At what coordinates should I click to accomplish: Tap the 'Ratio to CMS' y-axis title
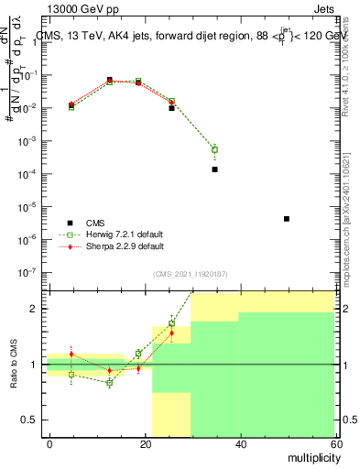[15, 364]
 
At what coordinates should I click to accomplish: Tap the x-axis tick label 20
[145, 443]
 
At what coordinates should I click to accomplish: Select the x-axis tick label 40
[240, 443]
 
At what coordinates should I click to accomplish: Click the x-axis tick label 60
[334, 443]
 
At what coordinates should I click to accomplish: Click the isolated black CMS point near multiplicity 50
[287, 219]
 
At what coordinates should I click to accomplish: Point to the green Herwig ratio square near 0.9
[71, 375]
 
